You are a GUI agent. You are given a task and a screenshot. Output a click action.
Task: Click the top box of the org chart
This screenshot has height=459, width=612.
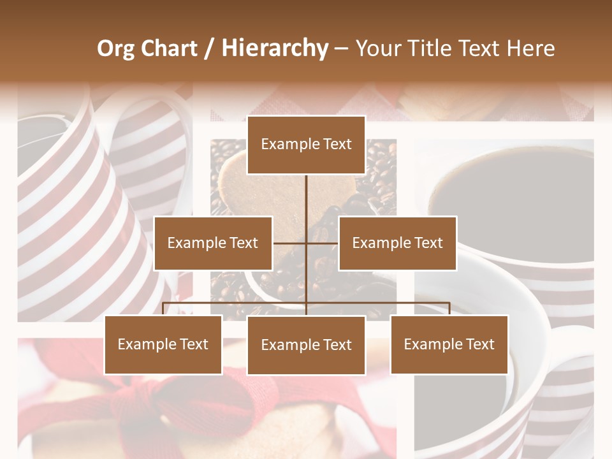pos(306,145)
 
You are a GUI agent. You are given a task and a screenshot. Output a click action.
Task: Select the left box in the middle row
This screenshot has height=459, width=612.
pos(213,244)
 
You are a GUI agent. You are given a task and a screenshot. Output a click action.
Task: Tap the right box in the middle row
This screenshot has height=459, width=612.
pos(397,244)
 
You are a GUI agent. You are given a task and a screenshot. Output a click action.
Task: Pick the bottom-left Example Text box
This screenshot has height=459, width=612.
pos(163,345)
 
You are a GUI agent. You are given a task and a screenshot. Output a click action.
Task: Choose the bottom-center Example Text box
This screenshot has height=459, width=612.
pos(306,346)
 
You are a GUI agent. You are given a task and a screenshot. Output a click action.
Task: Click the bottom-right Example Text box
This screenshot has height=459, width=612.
pos(449,345)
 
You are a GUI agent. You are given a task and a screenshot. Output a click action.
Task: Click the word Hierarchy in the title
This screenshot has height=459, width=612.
pos(275,48)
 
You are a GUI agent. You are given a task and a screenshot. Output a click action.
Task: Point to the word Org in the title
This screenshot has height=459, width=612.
pos(115,48)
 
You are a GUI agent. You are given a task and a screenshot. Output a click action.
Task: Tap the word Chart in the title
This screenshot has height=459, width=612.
pos(169,48)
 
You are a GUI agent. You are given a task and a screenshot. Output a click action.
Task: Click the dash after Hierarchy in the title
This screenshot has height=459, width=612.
pos(341,48)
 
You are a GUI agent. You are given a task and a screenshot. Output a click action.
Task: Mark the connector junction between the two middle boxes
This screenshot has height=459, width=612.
pos(306,243)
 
